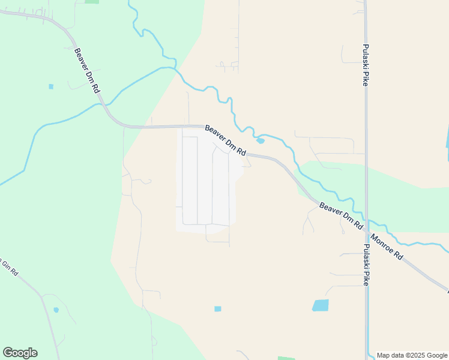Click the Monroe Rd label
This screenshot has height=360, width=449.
point(387,246)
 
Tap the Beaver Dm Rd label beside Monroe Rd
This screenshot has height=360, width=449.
point(341,215)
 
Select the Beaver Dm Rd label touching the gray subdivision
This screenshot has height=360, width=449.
point(226,140)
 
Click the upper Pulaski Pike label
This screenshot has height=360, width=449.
point(365,65)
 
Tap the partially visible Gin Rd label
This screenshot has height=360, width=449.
point(9,268)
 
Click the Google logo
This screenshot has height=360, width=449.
point(20,353)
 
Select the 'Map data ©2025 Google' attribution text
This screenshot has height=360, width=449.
point(412,355)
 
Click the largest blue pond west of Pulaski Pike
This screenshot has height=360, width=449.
point(321,305)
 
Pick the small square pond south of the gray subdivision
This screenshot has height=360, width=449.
point(217,309)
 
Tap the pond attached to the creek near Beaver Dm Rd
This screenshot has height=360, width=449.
point(260,141)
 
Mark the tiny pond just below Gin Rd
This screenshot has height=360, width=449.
point(56,310)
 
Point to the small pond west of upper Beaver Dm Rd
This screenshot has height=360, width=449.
point(51,86)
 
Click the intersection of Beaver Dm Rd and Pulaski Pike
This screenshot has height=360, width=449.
point(366,225)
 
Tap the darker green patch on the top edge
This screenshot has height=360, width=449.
point(91,2)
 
